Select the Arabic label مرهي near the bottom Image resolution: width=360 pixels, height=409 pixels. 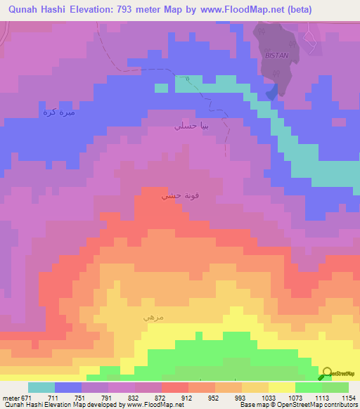point(153,317)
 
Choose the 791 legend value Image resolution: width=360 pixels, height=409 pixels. point(106,398)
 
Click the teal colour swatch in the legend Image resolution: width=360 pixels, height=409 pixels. point(41,388)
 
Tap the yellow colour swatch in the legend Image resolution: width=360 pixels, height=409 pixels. point(281,388)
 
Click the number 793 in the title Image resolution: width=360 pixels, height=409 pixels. point(150,10)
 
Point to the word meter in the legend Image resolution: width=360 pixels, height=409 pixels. point(11,398)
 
